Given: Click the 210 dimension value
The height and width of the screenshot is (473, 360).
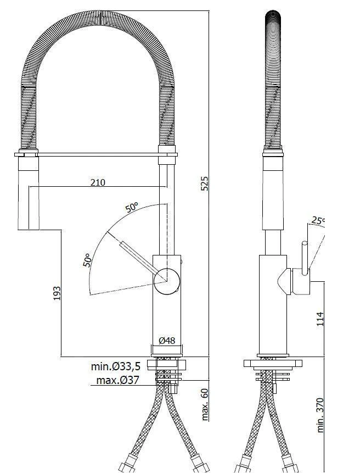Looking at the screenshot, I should click(98, 182).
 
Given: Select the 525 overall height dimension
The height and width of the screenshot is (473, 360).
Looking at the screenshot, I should click(204, 183).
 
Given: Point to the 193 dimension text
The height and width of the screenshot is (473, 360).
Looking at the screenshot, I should click(57, 293).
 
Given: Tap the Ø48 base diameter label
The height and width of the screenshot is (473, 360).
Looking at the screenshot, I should click(167, 341).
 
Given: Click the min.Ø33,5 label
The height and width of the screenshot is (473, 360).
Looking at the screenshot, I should click(116, 366).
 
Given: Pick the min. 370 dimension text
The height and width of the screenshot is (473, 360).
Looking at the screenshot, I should click(320, 415).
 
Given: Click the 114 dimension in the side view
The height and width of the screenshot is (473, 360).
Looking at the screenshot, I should click(320, 319).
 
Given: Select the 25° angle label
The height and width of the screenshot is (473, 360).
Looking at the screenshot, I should click(318, 221).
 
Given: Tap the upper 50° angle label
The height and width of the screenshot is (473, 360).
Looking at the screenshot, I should click(132, 208).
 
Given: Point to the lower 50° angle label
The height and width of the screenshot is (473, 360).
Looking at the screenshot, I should click(88, 259).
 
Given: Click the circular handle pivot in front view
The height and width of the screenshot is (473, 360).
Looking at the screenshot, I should click(167, 282).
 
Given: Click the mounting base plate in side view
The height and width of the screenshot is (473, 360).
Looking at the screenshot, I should click(273, 363).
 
